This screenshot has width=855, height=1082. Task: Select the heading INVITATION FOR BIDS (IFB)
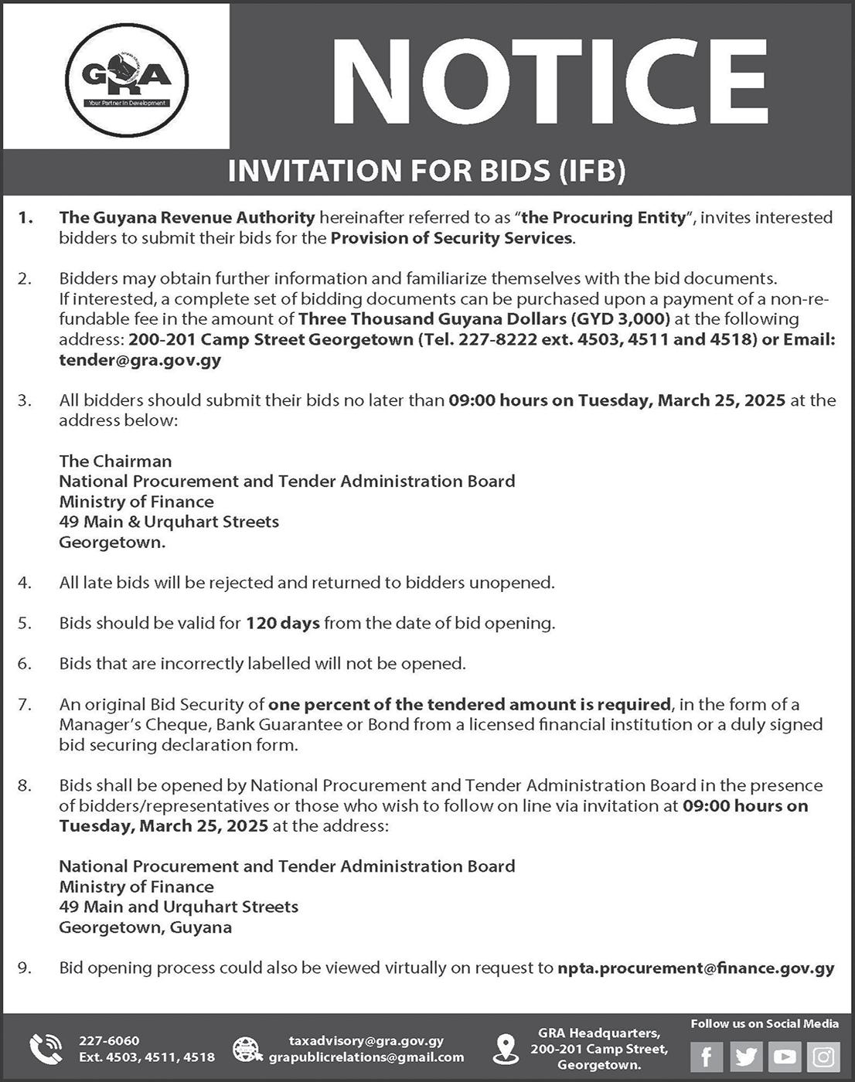click(427, 171)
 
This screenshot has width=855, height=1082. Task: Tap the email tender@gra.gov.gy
click(140, 359)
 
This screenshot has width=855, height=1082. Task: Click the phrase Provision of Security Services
click(451, 238)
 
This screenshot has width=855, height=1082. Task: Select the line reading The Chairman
click(115, 461)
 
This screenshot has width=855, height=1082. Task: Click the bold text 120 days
click(282, 623)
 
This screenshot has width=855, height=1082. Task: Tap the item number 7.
click(24, 704)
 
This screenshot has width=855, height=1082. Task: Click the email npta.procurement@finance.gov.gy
click(696, 968)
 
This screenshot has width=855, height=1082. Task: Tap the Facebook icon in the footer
click(707, 1056)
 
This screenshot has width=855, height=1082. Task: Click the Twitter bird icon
click(746, 1056)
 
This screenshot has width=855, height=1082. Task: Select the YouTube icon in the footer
click(785, 1056)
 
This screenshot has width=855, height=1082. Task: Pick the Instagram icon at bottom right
click(823, 1056)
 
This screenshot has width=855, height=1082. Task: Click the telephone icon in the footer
click(46, 1049)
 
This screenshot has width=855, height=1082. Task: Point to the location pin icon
click(506, 1049)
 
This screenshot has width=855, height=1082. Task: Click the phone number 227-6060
click(109, 1041)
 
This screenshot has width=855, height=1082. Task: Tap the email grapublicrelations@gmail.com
click(366, 1057)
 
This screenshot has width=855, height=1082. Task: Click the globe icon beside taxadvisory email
click(247, 1049)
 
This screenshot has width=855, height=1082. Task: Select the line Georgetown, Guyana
click(145, 927)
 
